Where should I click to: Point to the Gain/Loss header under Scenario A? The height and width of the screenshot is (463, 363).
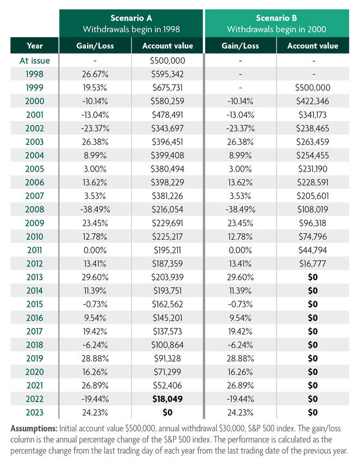pos(95,46)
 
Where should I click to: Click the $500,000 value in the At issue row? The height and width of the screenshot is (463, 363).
pos(168,60)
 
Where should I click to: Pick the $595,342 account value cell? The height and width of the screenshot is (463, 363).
pos(168,74)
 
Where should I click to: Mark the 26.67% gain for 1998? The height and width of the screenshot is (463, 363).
pos(95,74)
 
